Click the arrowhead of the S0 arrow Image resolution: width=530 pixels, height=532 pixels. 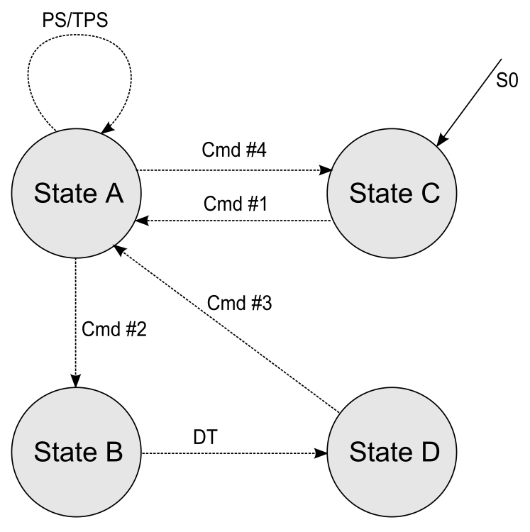point(441,142)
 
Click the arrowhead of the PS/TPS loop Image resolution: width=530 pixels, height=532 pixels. point(106,129)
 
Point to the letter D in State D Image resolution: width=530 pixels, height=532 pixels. point(429,451)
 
